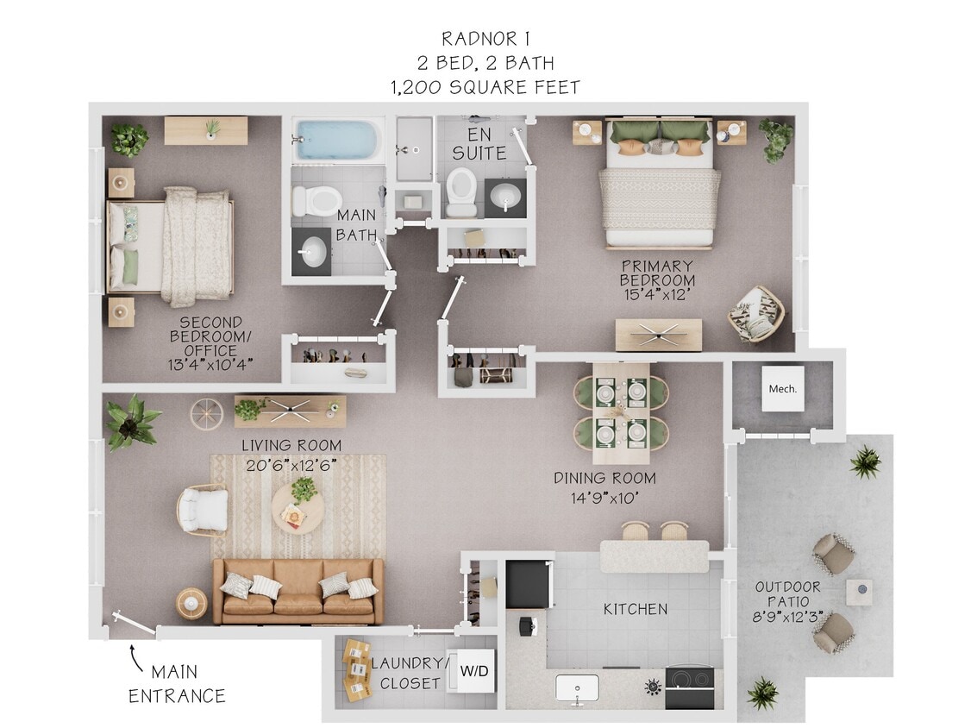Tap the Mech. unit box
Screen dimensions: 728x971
(783, 388)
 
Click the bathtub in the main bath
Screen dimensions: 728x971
(337, 139)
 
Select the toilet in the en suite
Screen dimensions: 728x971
(461, 190)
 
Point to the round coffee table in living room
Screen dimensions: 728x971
(298, 509)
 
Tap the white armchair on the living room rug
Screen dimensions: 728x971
(204, 510)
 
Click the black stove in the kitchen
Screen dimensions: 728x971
(689, 687)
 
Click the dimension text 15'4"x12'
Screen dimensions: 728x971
(657, 295)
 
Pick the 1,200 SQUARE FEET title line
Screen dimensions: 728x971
(485, 87)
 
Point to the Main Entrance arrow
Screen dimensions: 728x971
(136, 661)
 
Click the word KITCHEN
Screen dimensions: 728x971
(635, 609)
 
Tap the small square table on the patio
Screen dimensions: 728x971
(858, 592)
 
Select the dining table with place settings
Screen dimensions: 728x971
(621, 412)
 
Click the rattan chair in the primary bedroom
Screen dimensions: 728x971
(756, 314)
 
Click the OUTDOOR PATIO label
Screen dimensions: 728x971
(788, 594)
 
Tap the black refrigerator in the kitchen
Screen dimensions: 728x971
(528, 584)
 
